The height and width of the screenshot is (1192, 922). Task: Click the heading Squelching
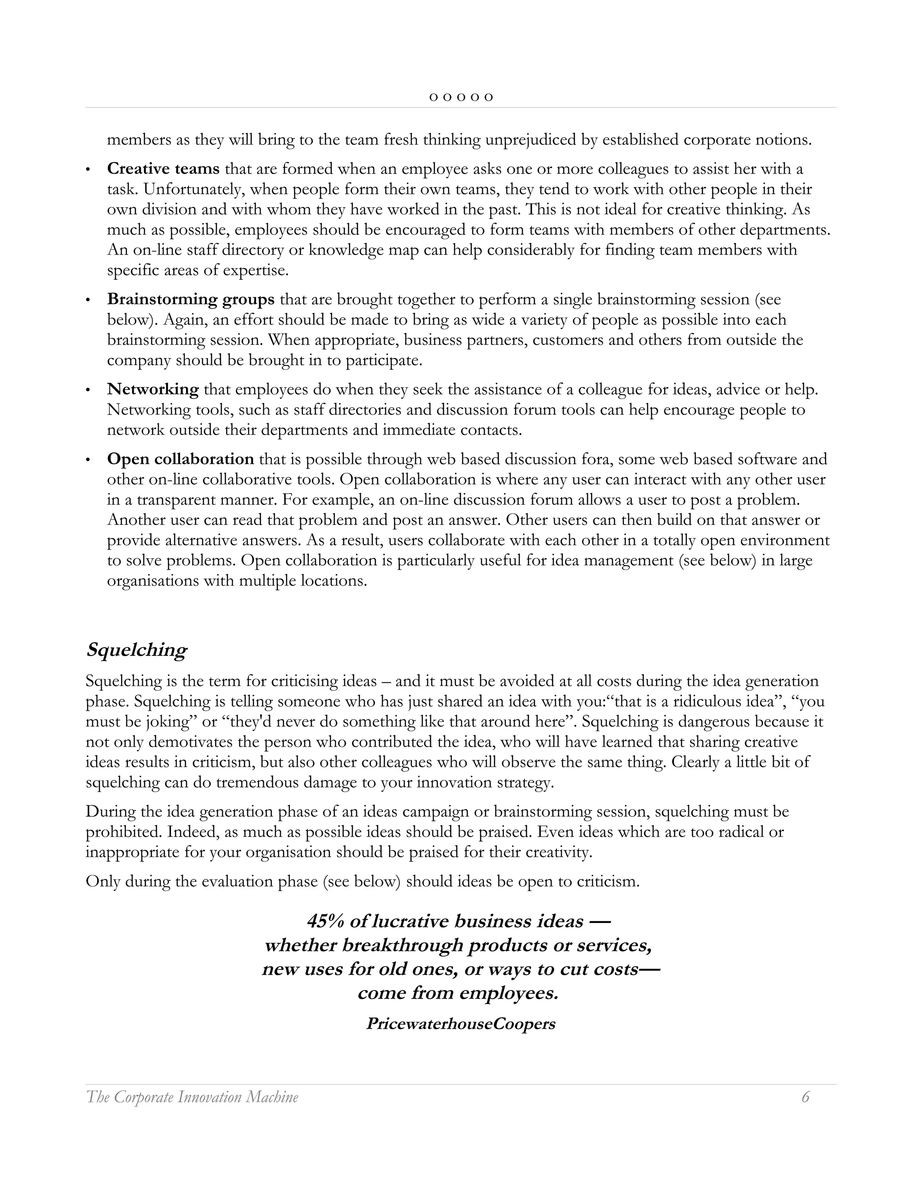(x=136, y=650)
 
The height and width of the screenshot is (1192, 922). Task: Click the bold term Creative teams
(x=163, y=169)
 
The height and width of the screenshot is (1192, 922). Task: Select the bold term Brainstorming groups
(x=190, y=299)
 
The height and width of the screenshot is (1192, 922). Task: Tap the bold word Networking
(x=153, y=389)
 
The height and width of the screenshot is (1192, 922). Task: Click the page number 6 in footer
(x=805, y=1097)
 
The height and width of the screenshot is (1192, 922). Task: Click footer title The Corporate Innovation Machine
(x=192, y=1097)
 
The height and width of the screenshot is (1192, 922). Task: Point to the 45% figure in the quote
(x=325, y=922)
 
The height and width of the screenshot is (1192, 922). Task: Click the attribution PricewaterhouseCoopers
(x=461, y=1024)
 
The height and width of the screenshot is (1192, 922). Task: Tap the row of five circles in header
(x=461, y=98)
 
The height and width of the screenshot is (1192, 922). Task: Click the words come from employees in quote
(x=458, y=993)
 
